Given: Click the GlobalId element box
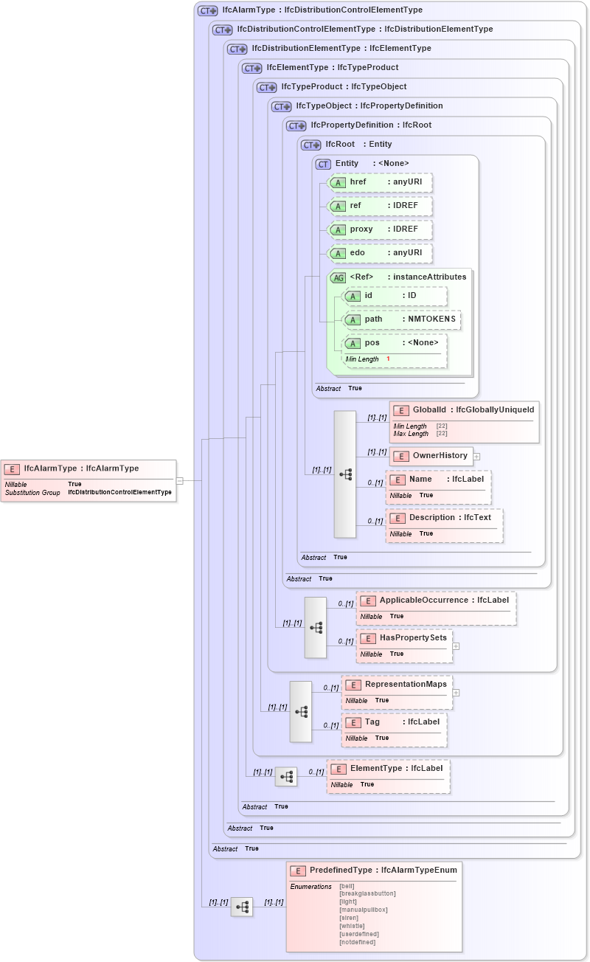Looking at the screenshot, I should (x=464, y=410).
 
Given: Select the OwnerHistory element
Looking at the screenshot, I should (x=431, y=456).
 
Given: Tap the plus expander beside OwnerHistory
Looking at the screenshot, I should (x=476, y=457).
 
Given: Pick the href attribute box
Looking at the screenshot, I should (x=380, y=182).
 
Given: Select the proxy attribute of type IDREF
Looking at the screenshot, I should (x=380, y=229).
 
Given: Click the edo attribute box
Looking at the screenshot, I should (x=380, y=253).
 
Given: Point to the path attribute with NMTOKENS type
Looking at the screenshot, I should (x=402, y=319).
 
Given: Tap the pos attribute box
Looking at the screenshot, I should (x=395, y=343).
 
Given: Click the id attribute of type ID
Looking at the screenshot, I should (x=395, y=296).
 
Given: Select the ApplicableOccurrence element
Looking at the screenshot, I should (x=436, y=601).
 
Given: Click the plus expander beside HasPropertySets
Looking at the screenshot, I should (x=456, y=646).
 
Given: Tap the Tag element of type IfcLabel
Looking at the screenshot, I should (x=394, y=721).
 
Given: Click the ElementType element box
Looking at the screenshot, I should (x=388, y=769).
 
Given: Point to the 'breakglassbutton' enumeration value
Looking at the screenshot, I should (x=367, y=893).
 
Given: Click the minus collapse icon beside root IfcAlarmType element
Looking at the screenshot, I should (x=179, y=480).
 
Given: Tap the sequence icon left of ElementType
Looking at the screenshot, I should (x=286, y=777).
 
